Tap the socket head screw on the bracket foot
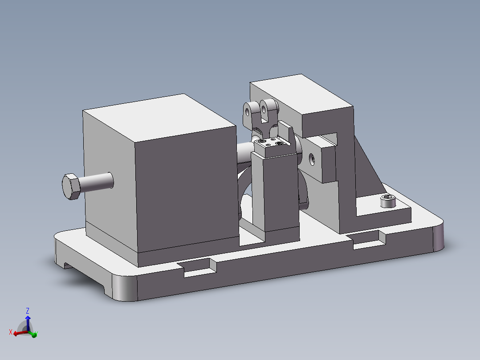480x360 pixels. point(388,201)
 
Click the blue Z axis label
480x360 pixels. point(28,311)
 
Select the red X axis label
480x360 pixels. point(10,332)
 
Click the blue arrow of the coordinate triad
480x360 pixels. point(28,321)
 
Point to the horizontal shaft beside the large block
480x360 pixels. point(244,154)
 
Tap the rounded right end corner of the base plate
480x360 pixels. point(438,235)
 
